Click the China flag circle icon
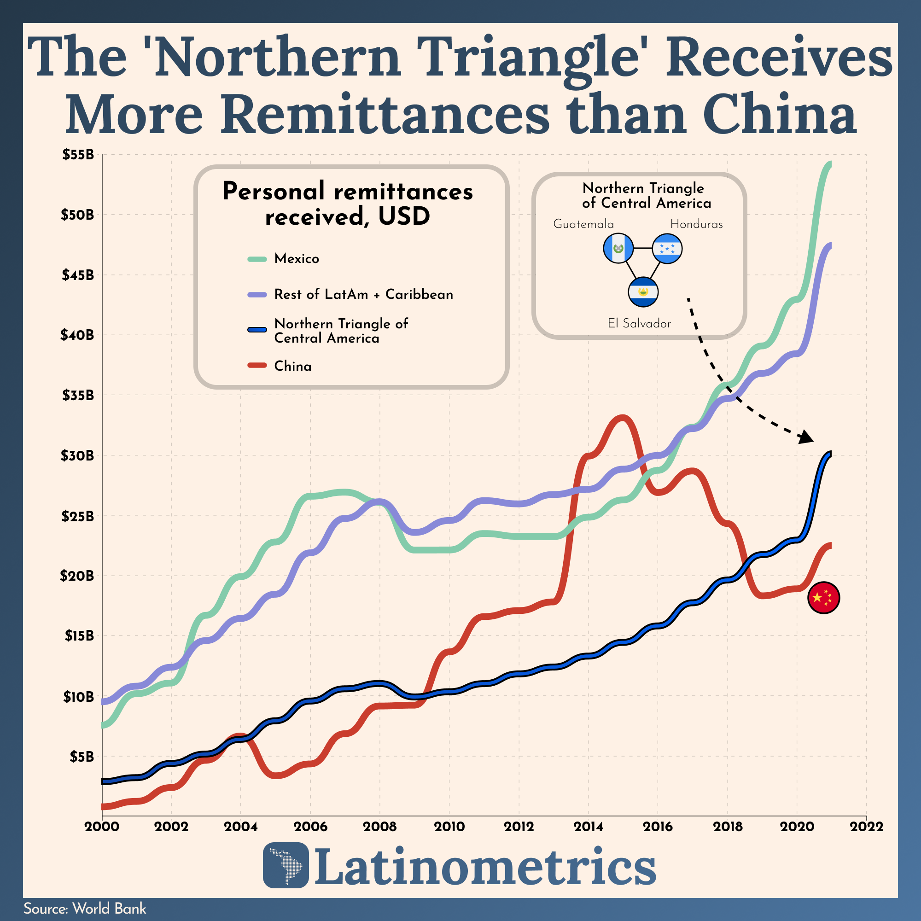[x=823, y=597]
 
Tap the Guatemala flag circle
[x=618, y=248]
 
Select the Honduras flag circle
[x=667, y=248]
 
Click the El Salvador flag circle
[x=643, y=292]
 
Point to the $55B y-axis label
[x=78, y=154]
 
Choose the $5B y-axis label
[x=81, y=757]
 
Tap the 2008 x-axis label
[x=379, y=826]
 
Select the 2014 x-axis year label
[x=588, y=826]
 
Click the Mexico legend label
[x=297, y=259]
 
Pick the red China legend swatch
[x=257, y=366]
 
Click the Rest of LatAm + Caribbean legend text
[x=363, y=295]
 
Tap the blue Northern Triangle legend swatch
[x=257, y=330]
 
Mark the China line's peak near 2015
[x=623, y=418]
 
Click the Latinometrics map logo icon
[x=286, y=865]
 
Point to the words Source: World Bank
[x=85, y=909]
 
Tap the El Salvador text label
[x=639, y=324]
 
